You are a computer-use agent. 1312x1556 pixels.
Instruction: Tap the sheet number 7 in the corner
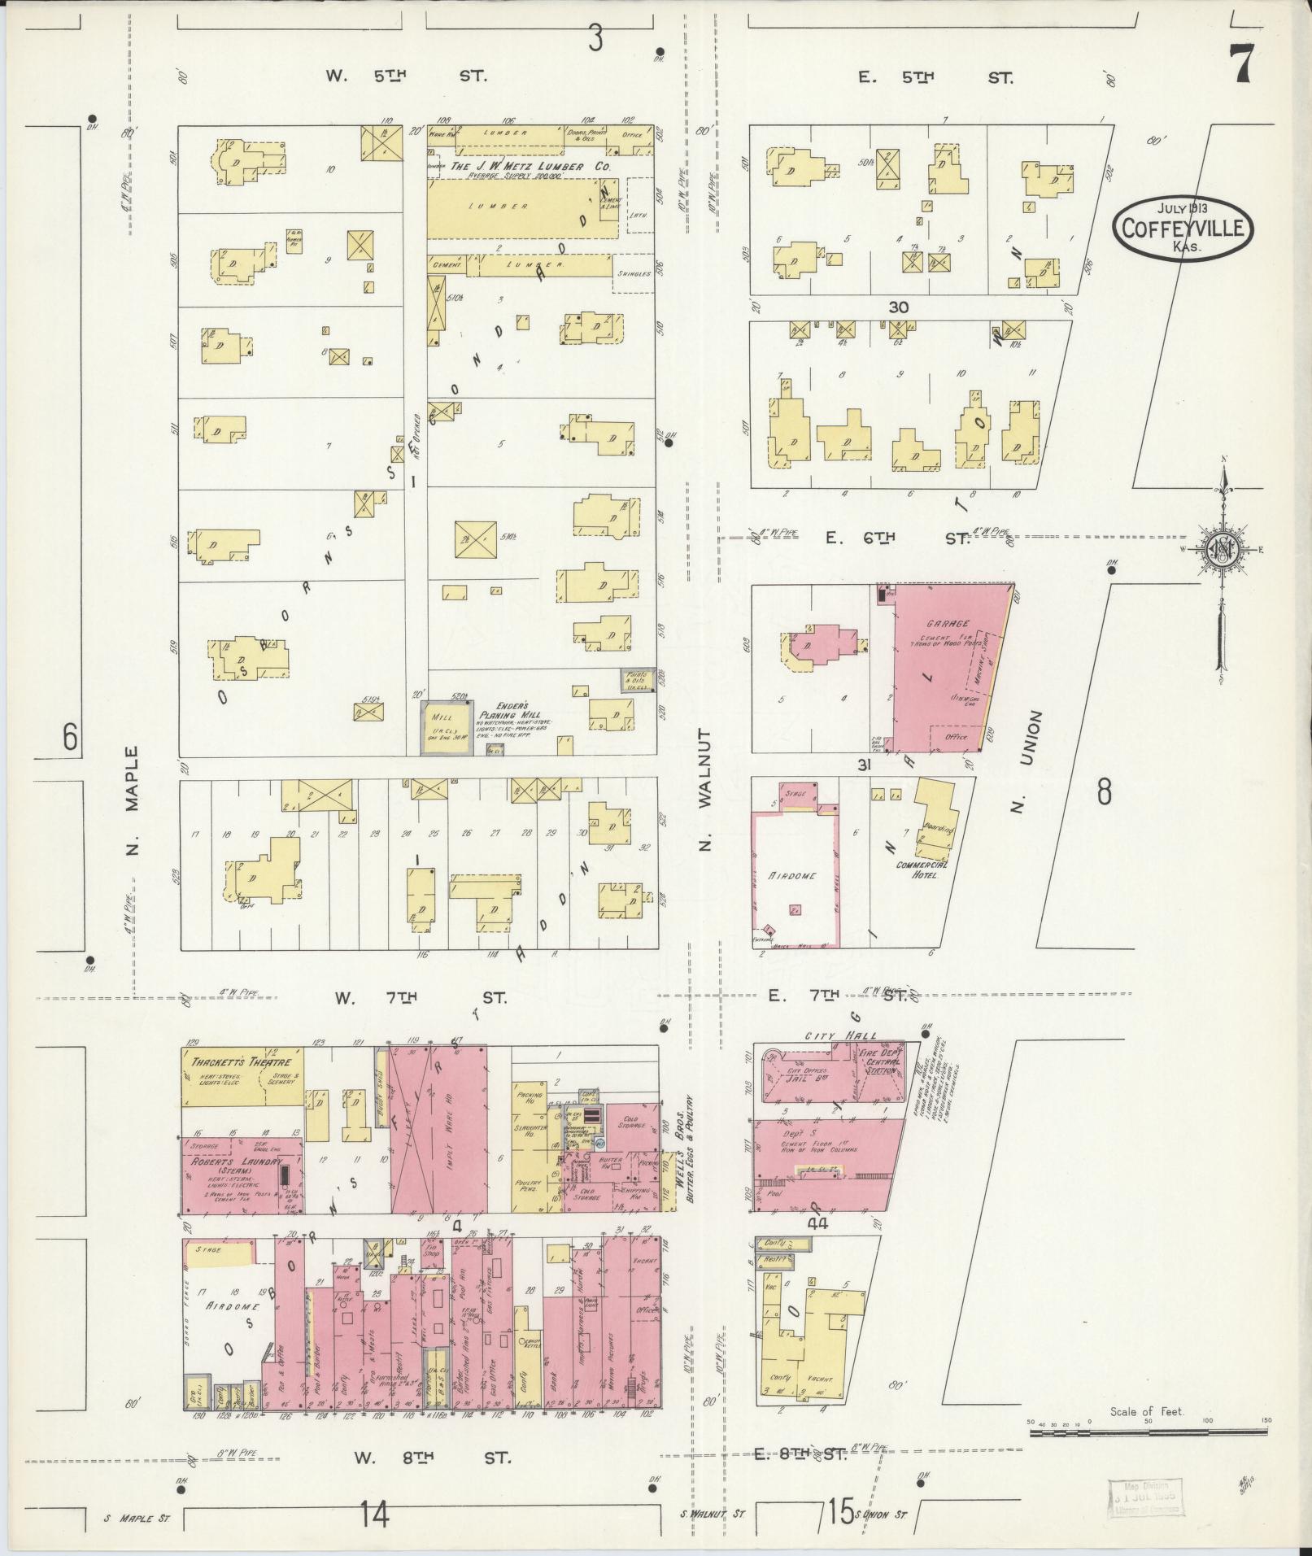click(1240, 63)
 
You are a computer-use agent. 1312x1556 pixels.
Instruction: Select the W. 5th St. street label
click(406, 76)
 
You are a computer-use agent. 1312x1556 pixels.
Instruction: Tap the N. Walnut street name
click(704, 789)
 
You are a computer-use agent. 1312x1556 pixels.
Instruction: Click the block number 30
click(898, 307)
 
